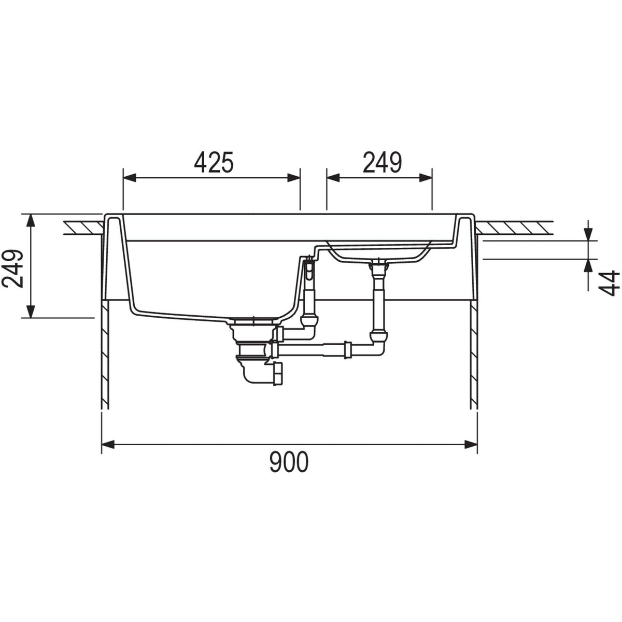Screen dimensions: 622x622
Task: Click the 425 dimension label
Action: (214, 162)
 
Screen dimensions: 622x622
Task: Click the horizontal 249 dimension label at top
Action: (383, 162)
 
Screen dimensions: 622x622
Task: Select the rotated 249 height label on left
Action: (12, 268)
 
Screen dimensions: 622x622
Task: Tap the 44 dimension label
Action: (609, 284)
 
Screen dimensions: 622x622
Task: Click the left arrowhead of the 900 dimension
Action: (108, 444)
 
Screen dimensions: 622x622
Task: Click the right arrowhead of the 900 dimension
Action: (471, 444)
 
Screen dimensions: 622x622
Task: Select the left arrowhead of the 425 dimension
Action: (130, 178)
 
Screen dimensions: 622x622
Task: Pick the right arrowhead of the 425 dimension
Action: (294, 178)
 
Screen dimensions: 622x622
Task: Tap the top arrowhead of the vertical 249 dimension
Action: (31, 220)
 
